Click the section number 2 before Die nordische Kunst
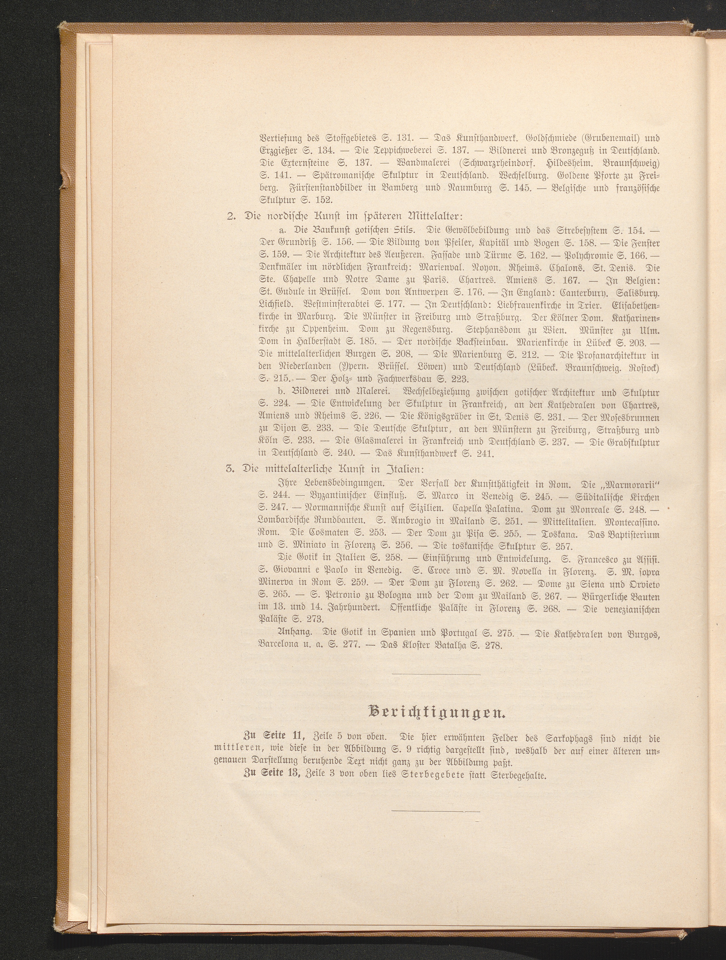coord(231,216)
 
